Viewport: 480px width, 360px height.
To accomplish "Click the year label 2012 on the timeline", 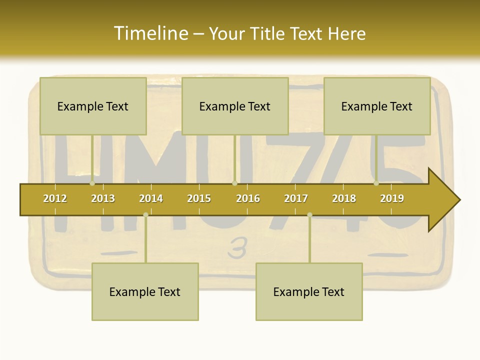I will click(x=55, y=198).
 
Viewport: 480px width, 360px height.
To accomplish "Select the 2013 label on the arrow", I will click(x=103, y=198).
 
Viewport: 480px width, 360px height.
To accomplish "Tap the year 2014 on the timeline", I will click(x=151, y=198).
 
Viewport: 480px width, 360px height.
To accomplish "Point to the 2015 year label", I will click(x=199, y=198).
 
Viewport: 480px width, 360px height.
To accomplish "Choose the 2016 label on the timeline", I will click(x=248, y=198).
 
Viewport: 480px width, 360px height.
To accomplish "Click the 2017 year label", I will click(x=296, y=198).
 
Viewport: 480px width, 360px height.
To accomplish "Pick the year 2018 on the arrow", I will click(x=344, y=198).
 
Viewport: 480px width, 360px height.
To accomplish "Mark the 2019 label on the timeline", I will click(x=392, y=198).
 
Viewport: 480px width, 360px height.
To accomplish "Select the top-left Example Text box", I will click(x=93, y=106).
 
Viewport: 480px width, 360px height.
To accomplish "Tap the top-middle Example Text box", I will click(x=235, y=106).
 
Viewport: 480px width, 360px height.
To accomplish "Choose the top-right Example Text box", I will click(x=377, y=106).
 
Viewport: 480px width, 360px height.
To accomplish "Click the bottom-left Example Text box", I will click(x=145, y=291).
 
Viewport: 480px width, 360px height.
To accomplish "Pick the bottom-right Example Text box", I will click(x=309, y=291).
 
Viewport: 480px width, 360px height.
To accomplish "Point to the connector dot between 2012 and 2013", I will click(x=92, y=183).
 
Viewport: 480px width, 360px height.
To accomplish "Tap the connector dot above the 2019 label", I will click(x=376, y=183).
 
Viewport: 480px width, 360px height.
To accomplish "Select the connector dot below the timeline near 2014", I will click(x=145, y=215).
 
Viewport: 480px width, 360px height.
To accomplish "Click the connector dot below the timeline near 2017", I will click(x=309, y=215).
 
